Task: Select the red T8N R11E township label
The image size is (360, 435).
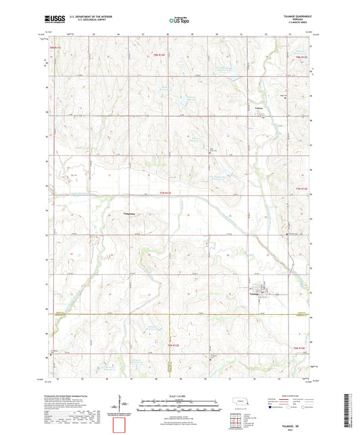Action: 55,49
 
